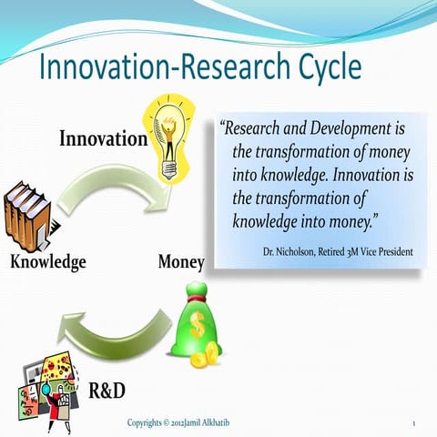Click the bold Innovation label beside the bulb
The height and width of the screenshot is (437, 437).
103,139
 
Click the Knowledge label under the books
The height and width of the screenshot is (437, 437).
47,262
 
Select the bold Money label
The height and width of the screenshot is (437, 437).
180,262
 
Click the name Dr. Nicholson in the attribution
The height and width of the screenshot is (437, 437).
292,249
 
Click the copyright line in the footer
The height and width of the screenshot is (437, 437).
182,423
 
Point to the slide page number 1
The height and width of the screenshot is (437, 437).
413,424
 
